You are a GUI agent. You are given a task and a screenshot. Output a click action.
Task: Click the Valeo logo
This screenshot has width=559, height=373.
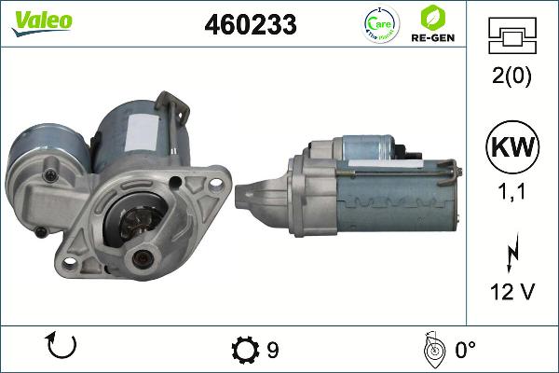click(x=43, y=21)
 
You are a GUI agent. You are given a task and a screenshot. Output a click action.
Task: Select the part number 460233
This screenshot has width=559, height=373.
click(x=250, y=26)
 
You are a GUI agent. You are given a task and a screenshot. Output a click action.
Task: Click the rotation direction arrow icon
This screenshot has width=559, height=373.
click(x=61, y=349)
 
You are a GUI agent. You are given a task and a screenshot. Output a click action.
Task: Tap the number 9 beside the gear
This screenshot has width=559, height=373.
click(x=272, y=350)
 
